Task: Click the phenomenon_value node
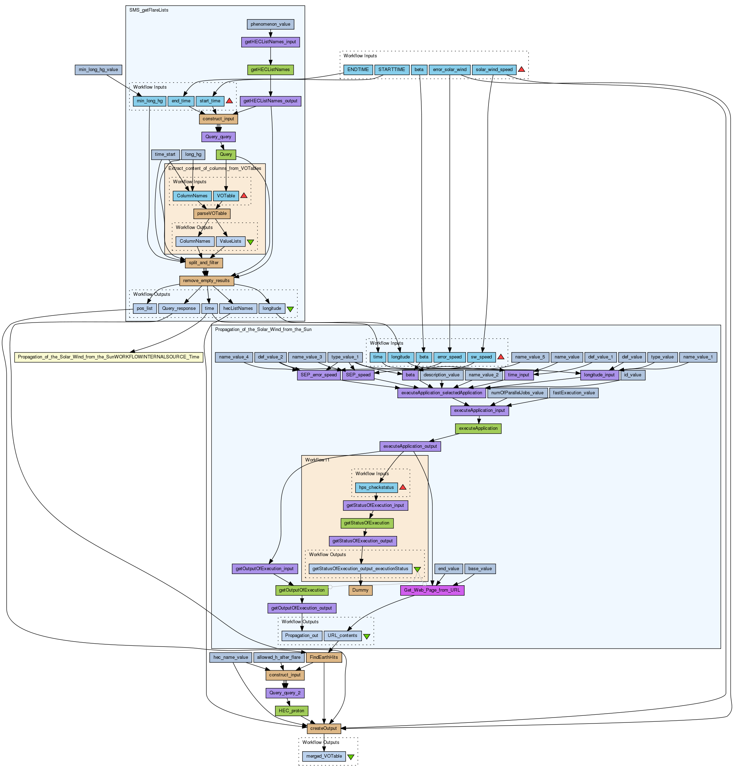point(270,24)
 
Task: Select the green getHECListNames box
point(270,70)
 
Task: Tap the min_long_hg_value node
point(98,70)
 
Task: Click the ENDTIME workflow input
point(358,70)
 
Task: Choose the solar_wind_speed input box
point(494,70)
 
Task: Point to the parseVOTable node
point(212,214)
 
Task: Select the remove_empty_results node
point(206,281)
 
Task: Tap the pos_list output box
point(145,308)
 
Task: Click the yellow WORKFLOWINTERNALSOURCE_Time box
point(109,357)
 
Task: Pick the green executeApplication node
point(478,428)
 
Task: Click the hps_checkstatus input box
point(376,488)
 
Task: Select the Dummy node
point(360,590)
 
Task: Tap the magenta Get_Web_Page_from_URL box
point(432,590)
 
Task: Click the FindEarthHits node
point(324,657)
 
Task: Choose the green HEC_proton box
point(292,711)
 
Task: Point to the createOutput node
point(324,729)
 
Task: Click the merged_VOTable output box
point(324,757)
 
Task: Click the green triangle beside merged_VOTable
point(351,757)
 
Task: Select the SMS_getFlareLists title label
point(149,10)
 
